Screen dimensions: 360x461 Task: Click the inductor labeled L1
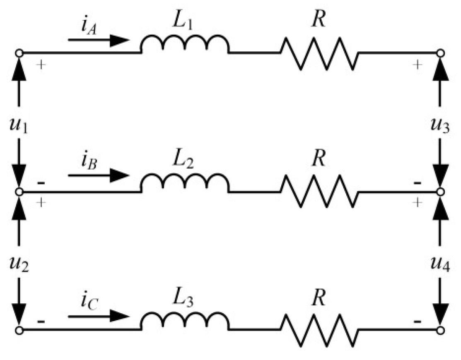pos(184,44)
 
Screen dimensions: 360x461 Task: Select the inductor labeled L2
pos(184,183)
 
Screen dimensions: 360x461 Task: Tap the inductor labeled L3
pos(184,322)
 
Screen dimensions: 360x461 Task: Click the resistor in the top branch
pos(319,53)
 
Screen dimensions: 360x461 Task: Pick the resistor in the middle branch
pos(319,192)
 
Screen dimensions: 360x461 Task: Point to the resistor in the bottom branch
pos(319,330)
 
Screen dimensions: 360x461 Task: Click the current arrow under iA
pos(99,40)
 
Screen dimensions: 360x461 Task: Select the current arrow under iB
pos(99,175)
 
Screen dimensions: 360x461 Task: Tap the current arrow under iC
pos(99,317)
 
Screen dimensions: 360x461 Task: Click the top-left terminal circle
pos(19,53)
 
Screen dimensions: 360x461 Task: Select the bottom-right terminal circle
pos(441,330)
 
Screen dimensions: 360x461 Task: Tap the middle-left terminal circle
pos(19,192)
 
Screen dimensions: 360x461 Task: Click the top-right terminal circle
pos(441,53)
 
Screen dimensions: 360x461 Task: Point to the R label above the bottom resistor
pos(319,297)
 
